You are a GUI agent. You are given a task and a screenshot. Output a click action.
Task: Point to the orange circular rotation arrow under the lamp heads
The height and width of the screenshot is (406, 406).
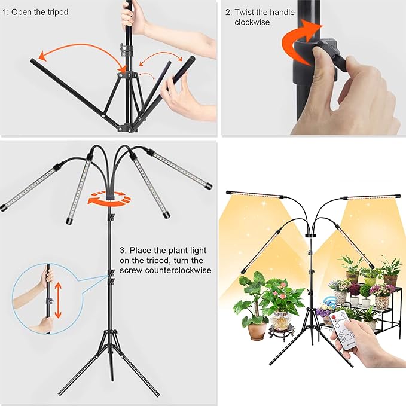[109, 197]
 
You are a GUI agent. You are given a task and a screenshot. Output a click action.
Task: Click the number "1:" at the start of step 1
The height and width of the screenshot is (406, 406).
[6, 12]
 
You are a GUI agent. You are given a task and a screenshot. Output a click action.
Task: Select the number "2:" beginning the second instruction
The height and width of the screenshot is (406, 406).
[228, 12]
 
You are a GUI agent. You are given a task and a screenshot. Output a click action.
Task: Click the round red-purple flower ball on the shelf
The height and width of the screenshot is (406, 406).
[355, 289]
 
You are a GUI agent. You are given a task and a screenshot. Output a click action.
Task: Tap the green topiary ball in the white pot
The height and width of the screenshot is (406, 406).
[365, 291]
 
